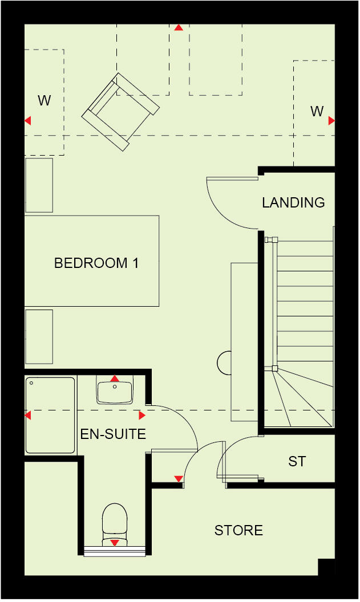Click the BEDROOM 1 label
coord(96,263)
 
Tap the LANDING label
coord(293,202)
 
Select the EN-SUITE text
coord(113,434)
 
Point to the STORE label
coord(238,531)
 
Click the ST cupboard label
coord(297,461)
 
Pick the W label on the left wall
coord(45,101)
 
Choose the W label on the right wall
coord(317,111)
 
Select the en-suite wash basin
coord(115,392)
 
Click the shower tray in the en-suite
coord(50,415)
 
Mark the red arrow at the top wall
coord(179,27)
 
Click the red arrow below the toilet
coord(115,543)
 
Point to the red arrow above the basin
coord(115,379)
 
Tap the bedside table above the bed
coord(39,185)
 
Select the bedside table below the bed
coord(39,336)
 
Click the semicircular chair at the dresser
coord(224,361)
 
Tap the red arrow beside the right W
coord(331,121)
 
